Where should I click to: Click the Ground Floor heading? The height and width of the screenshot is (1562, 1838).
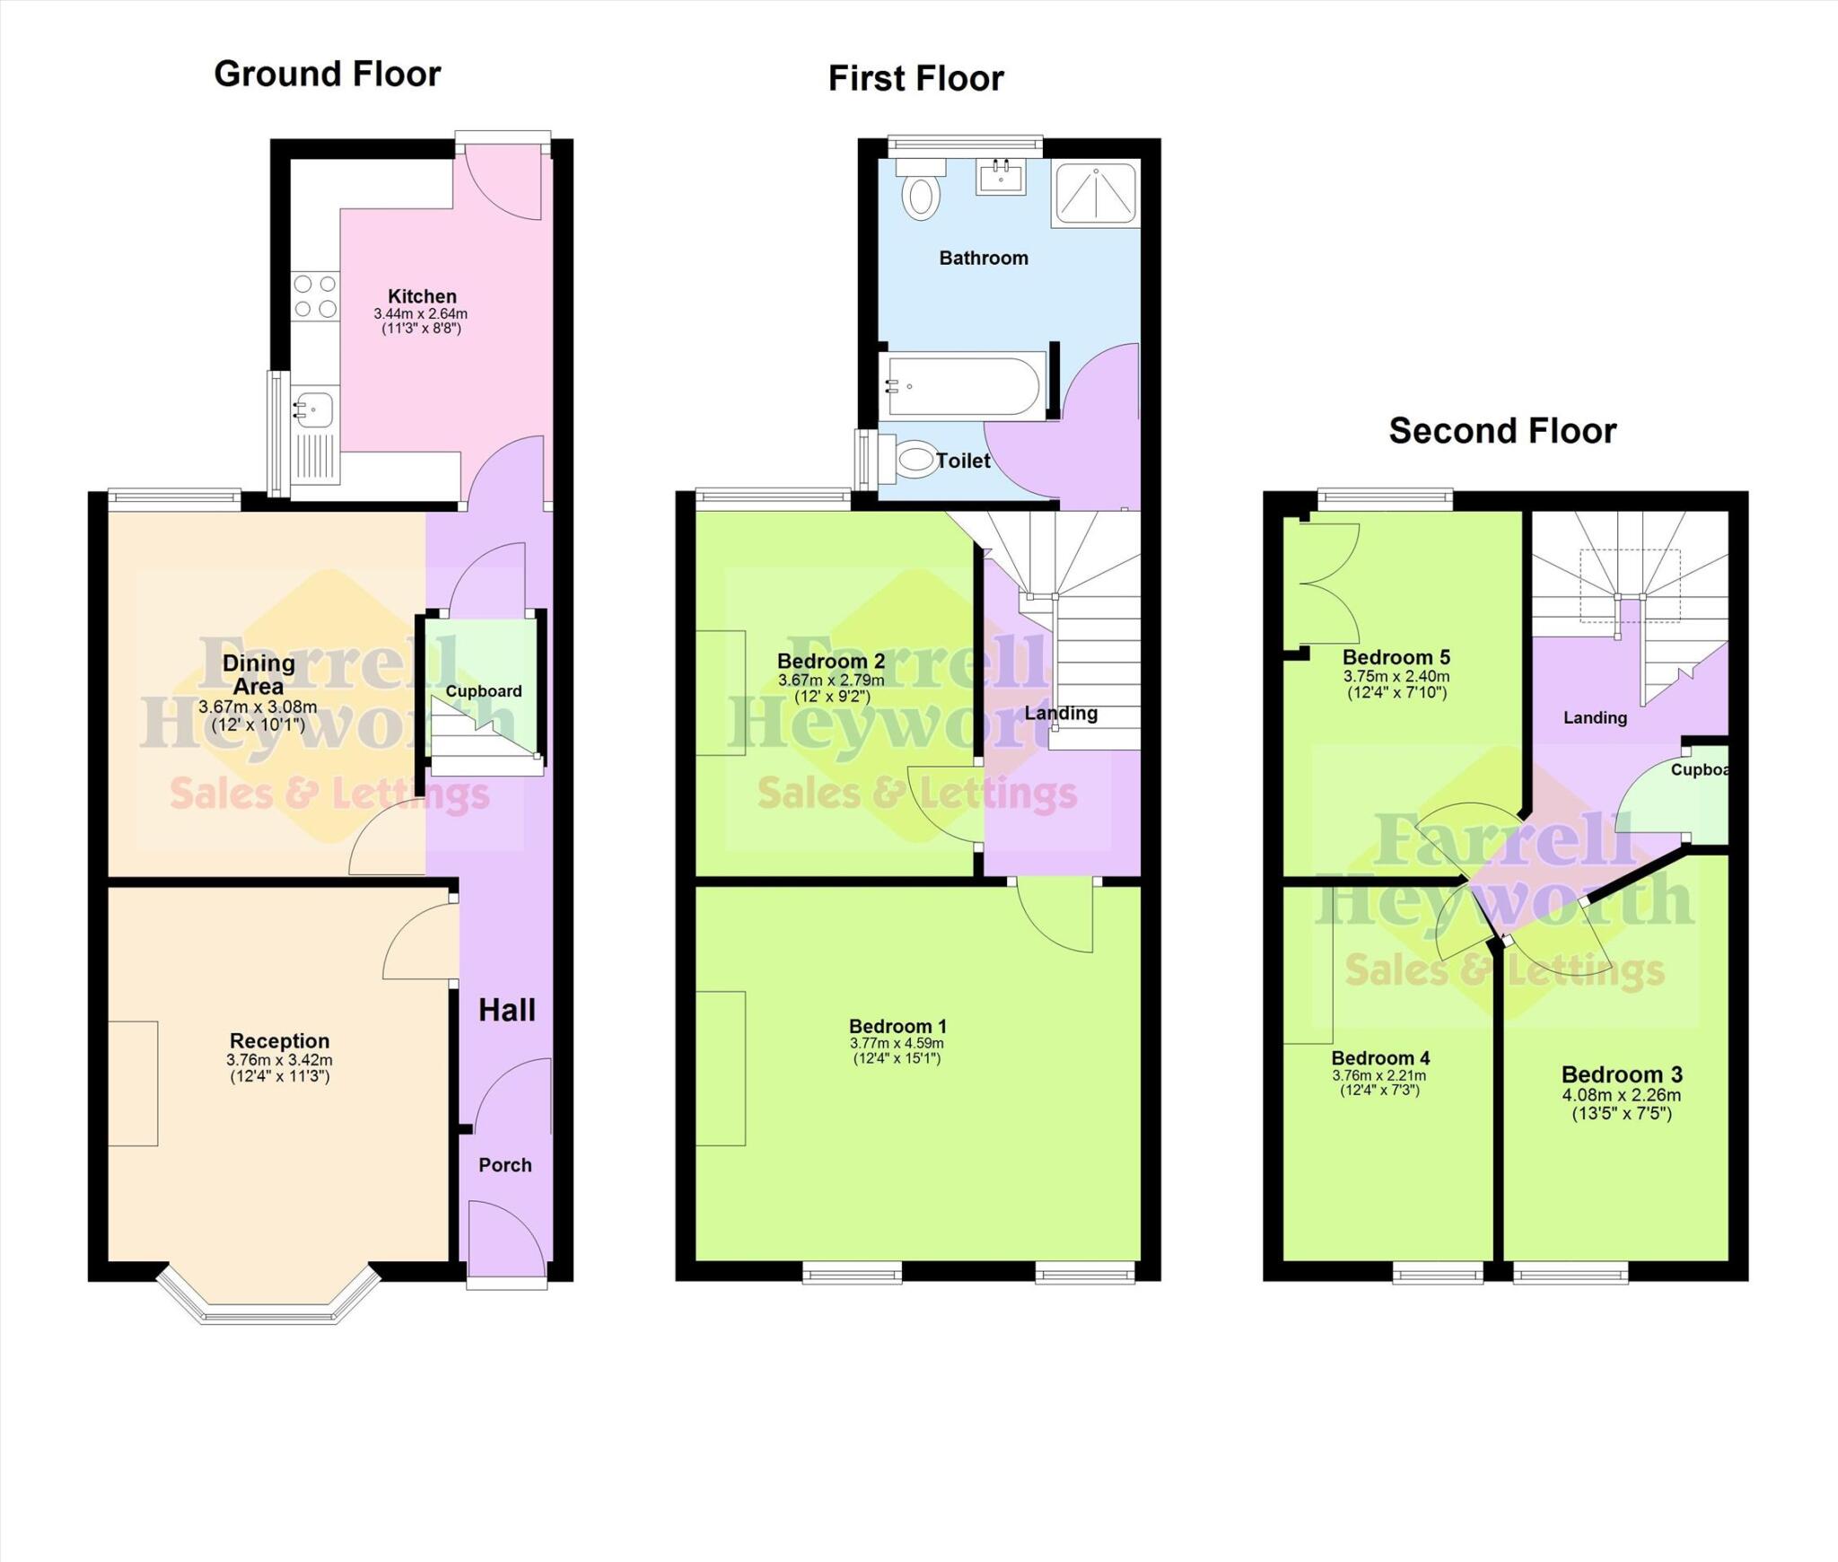pyautogui.click(x=327, y=74)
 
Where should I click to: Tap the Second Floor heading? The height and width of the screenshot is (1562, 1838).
pyautogui.click(x=1502, y=431)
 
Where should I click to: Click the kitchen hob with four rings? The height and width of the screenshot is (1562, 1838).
pyautogui.click(x=315, y=296)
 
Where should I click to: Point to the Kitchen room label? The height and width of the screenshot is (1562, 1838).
pyautogui.click(x=422, y=296)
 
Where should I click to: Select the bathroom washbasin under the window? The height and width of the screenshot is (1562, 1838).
pyautogui.click(x=1001, y=177)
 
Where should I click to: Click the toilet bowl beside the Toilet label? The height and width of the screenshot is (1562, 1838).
pyautogui.click(x=915, y=460)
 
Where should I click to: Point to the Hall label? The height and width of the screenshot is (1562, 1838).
pyautogui.click(x=507, y=1010)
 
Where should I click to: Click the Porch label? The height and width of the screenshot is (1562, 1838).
pyautogui.click(x=505, y=1165)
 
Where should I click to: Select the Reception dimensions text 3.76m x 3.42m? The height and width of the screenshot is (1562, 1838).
pyautogui.click(x=279, y=1059)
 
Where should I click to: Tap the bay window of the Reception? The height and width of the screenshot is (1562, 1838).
pyautogui.click(x=268, y=1315)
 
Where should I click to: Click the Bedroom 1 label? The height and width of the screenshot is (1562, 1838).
pyautogui.click(x=897, y=1026)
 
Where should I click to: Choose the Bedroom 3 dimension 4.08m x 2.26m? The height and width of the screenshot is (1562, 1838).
pyautogui.click(x=1621, y=1095)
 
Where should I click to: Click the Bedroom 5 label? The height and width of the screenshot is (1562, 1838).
pyautogui.click(x=1396, y=657)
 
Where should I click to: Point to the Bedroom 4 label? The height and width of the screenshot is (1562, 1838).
pyautogui.click(x=1380, y=1058)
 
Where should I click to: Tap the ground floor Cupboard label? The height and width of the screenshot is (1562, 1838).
pyautogui.click(x=484, y=691)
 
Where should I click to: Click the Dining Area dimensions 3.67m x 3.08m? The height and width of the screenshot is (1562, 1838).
pyautogui.click(x=258, y=707)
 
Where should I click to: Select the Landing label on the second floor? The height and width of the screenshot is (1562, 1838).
pyautogui.click(x=1595, y=717)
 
